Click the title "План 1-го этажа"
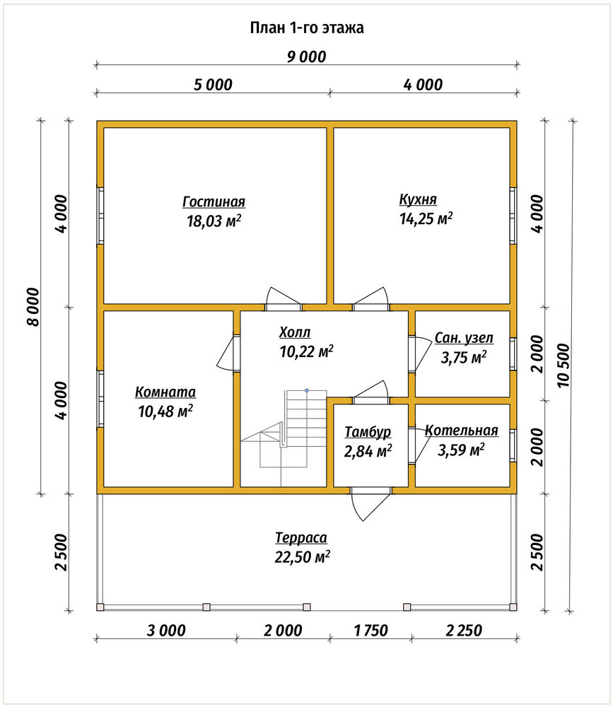coord(307,28)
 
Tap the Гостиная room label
coord(214,201)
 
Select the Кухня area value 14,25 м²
coord(426,218)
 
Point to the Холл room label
coord(295,333)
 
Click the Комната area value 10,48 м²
coord(165,411)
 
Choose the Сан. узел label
coord(464,338)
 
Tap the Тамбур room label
coord(368,432)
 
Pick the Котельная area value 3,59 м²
coord(461,450)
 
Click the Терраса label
coord(301,538)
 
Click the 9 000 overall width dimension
coord(306,57)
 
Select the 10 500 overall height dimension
coord(564,366)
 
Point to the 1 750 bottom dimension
coord(370,631)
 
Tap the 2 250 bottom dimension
coord(464,631)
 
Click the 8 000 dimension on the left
coord(33,307)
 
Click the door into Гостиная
coord(284,300)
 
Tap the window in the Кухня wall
coord(513,216)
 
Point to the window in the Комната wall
coord(100,399)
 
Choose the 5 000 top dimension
coord(213,84)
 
